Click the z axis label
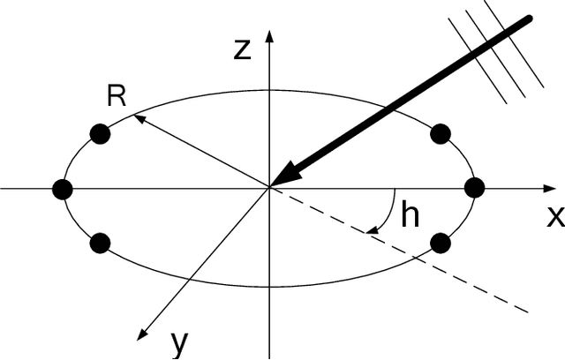245,49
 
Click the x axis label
554,215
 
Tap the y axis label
179,342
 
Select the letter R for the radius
116,95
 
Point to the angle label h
410,215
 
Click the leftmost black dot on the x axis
62,188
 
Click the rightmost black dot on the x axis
475,188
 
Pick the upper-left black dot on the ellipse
100,134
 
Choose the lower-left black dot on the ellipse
100,243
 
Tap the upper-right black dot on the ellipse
441,134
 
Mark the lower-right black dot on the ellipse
441,243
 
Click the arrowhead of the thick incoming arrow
288,175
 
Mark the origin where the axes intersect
269,188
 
